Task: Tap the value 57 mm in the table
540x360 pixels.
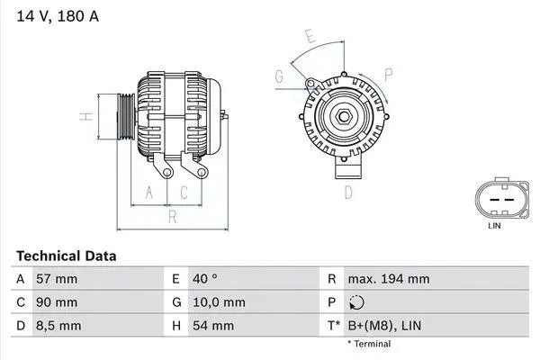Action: point(56,279)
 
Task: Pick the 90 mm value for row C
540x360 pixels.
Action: point(56,301)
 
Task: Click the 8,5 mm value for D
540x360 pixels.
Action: point(58,324)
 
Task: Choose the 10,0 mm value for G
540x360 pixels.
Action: point(220,301)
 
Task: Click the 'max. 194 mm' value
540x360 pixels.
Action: point(388,279)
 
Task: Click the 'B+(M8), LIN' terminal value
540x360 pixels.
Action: point(384,324)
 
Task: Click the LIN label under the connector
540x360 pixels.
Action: point(494,226)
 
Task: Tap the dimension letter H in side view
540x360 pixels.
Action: point(83,117)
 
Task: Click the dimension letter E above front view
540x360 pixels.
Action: point(310,38)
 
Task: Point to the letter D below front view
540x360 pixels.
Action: point(348,192)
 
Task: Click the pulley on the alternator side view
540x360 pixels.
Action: point(124,117)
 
